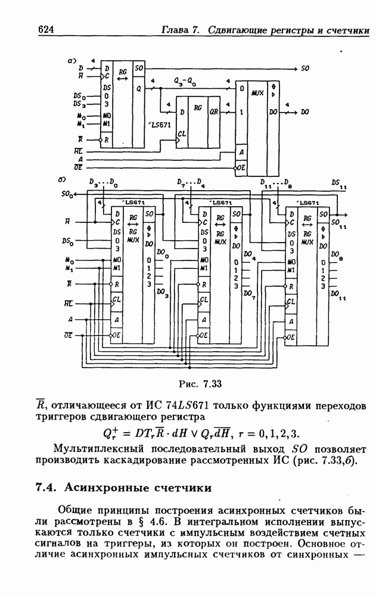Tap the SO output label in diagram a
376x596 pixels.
coord(304,69)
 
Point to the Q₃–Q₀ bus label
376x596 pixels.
coord(182,79)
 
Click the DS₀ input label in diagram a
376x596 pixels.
coord(79,95)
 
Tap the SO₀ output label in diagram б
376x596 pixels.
coord(67,194)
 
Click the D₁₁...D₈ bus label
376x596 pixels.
coord(275,182)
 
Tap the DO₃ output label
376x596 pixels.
coord(162,293)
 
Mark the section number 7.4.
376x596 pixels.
coord(46,488)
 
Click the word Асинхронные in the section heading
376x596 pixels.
coord(101,488)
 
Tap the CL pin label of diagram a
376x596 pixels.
coord(182,141)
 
